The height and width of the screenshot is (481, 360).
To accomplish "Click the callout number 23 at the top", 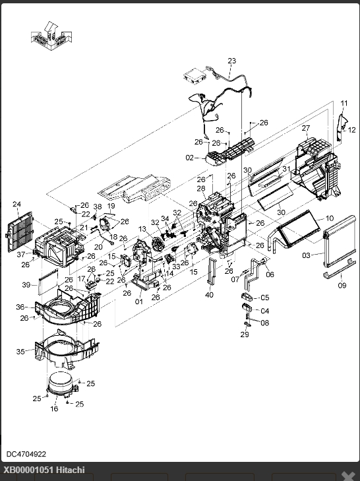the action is coord(232,61).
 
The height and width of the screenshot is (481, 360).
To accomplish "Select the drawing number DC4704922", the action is coord(26,454).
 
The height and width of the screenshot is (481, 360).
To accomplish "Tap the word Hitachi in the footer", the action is coord(71,470).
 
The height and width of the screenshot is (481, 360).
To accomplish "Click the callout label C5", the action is coord(264,298).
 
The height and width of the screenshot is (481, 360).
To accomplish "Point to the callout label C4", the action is coord(264,311).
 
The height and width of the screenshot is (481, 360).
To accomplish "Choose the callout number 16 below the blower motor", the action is coord(54,408).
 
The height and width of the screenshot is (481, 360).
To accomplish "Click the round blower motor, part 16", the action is coord(61,384).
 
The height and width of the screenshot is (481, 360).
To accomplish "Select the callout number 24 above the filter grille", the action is coord(17,204).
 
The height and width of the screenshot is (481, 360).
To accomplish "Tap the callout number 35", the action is coord(20,352).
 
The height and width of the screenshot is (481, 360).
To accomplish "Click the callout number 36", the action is coord(20,307).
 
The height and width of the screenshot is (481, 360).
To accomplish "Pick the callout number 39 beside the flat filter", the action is coord(26,285).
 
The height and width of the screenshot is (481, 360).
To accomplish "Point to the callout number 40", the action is coord(209,295).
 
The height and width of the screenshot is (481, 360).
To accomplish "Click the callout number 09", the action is coord(342,285).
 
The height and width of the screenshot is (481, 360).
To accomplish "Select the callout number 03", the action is coord(306,255).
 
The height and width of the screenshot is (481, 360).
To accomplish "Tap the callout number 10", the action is coord(329,218).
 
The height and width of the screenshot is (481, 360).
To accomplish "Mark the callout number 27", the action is coord(306,128).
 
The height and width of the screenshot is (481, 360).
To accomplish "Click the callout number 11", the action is coord(344,103).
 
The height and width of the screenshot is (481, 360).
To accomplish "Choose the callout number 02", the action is coord(190,158).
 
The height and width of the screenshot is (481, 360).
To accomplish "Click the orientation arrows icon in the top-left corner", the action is coord(51,36).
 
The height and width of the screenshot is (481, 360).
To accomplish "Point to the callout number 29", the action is coord(245,335).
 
